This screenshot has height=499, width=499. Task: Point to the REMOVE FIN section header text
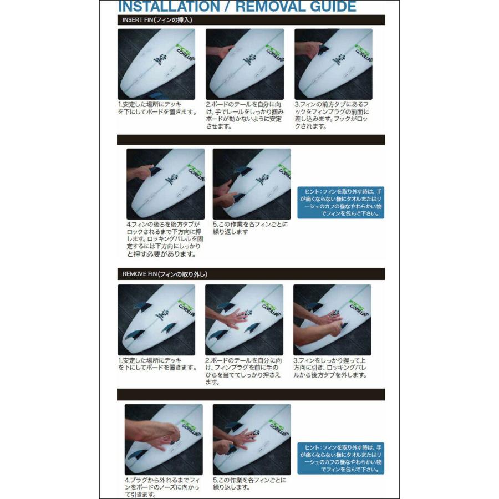(x=165, y=274)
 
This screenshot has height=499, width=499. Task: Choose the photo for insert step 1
(x=156, y=64)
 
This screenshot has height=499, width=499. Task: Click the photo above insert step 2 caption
(x=245, y=64)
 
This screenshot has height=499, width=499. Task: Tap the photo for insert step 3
(x=333, y=64)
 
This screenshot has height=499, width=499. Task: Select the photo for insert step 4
(x=165, y=184)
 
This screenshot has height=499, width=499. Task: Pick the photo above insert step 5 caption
(x=251, y=184)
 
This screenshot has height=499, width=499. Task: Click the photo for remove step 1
(x=156, y=320)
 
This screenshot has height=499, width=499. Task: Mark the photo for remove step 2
(x=244, y=320)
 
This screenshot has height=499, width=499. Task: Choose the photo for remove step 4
(x=164, y=439)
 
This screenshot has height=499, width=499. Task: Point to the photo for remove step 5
(x=251, y=439)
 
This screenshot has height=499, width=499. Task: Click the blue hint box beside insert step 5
(x=340, y=202)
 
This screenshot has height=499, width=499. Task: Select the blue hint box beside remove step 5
(x=340, y=458)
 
